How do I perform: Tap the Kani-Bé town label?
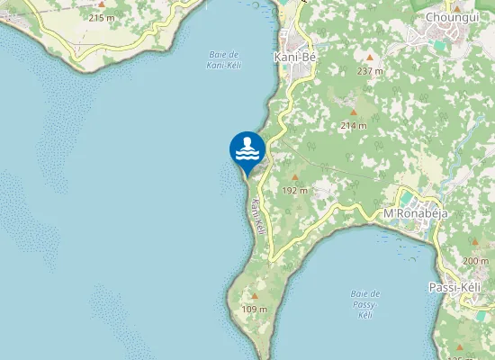[294, 56]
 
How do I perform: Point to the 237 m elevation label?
[369, 71]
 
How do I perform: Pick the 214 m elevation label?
[353, 126]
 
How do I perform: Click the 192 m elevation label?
[295, 191]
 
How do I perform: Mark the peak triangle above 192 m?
[294, 177]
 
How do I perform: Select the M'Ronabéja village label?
[416, 213]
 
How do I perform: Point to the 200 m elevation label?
[475, 261]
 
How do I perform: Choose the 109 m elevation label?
[255, 310]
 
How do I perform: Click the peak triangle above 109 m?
[255, 296]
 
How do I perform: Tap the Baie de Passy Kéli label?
[364, 304]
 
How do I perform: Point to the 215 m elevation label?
[102, 17]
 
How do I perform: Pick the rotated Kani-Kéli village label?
[257, 217]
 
